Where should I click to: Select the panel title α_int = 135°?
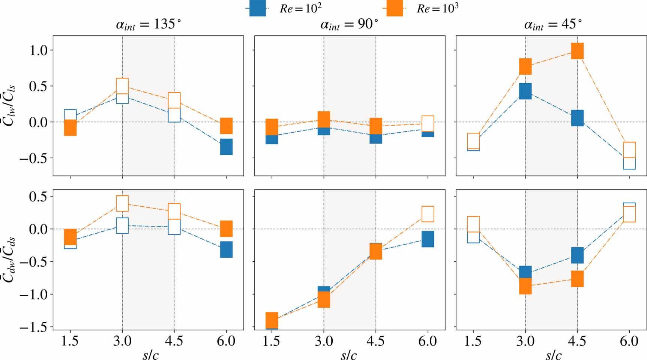tap(148, 25)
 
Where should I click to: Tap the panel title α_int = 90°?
tap(349, 25)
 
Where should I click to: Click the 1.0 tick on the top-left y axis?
tap(39, 50)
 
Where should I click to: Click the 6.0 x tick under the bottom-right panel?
tap(629, 341)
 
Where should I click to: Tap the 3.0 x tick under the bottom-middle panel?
tap(324, 341)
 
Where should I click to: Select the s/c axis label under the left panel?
tap(150, 355)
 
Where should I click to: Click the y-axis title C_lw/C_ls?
tap(10, 105)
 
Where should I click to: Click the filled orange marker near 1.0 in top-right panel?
tap(577, 51)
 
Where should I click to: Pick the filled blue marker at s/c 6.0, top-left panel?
tap(226, 147)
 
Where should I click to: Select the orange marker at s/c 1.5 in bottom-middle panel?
tap(272, 320)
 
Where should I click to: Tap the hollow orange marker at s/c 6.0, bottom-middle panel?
tap(428, 214)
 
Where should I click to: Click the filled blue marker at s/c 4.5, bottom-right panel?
tap(577, 255)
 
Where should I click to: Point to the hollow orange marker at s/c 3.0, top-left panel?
tap(122, 86)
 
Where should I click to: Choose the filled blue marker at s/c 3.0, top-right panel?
tap(525, 91)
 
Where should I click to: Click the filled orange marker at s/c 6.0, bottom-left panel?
tap(226, 229)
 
